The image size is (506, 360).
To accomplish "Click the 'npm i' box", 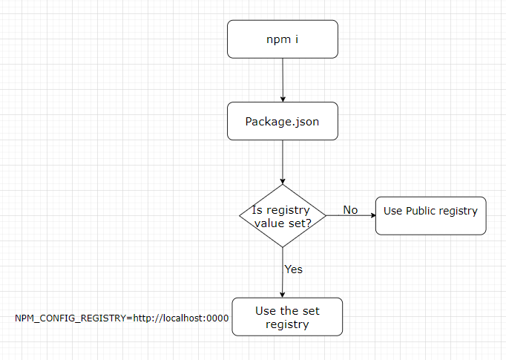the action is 283,39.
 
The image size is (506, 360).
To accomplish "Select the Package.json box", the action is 283,121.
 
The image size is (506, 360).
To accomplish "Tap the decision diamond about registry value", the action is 283,216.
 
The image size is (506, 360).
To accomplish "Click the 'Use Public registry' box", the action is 431,216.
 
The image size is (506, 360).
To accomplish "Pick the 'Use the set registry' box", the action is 287,317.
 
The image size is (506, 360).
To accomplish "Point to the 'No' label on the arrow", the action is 350,210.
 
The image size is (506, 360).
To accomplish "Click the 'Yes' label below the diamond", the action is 294,269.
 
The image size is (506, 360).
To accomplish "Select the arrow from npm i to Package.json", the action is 283,80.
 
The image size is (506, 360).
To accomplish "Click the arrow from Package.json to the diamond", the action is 283,162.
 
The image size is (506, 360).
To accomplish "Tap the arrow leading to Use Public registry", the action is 351,215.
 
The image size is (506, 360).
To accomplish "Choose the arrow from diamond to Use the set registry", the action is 283,272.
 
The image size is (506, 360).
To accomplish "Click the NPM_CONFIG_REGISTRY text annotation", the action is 122,318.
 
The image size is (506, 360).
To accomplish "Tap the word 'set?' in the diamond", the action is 300,223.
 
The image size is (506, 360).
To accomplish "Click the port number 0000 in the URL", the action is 217,318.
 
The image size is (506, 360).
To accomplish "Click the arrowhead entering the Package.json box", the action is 283,99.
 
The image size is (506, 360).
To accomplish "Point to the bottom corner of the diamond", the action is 283,247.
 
